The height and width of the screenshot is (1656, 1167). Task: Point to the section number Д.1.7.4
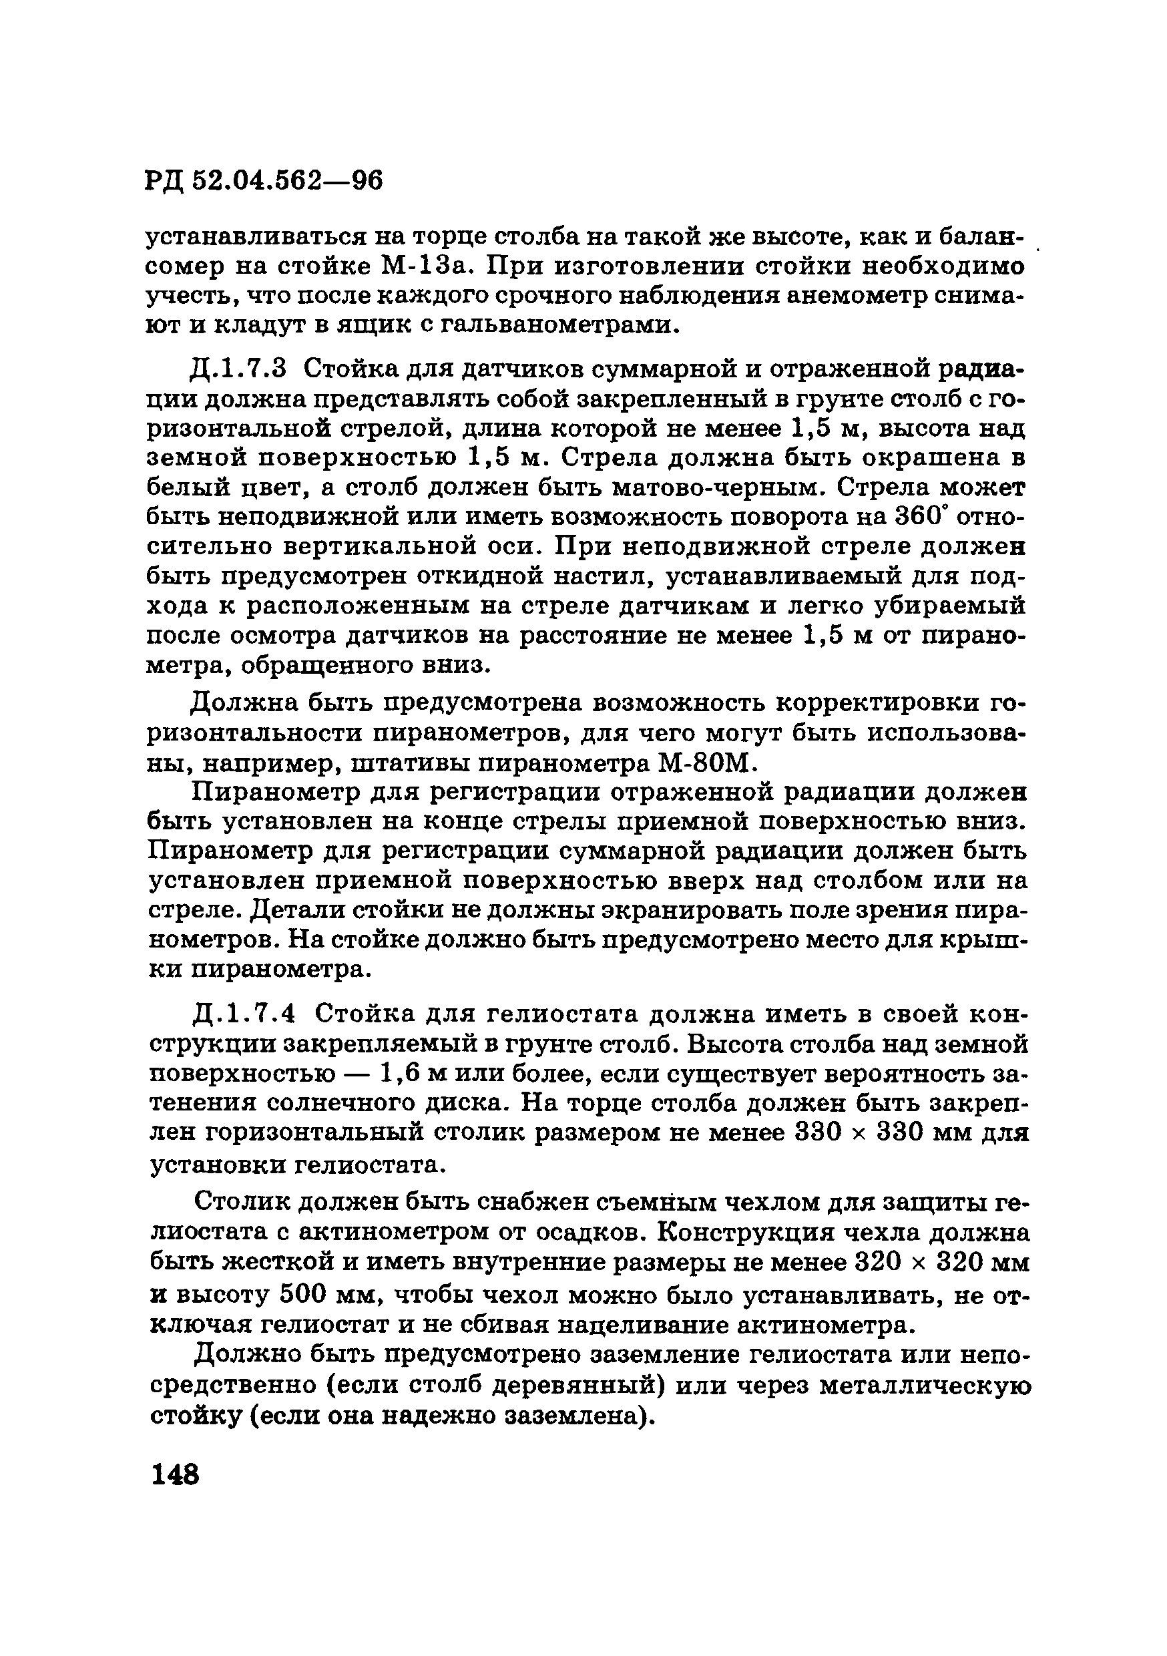tap(244, 1014)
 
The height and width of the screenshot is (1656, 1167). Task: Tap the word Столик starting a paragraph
tap(244, 1203)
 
